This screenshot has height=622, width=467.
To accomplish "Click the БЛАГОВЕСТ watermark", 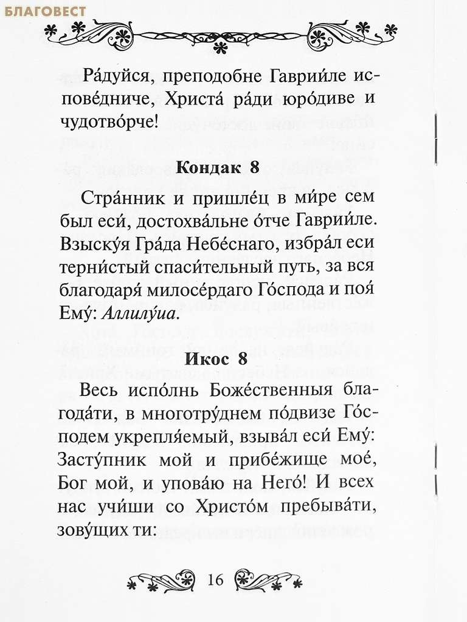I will click(x=43, y=12).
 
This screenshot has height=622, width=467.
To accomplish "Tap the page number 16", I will click(x=215, y=579).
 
